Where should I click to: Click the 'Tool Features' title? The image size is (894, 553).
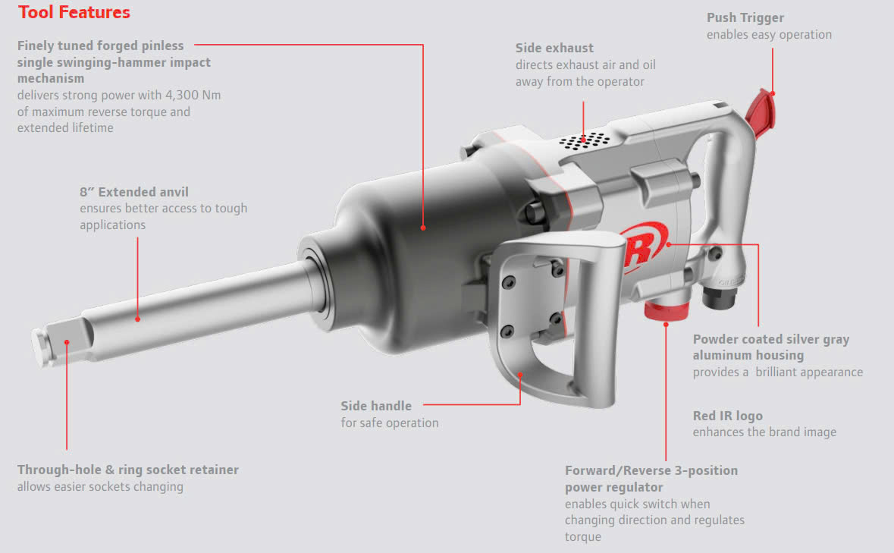[x=74, y=13]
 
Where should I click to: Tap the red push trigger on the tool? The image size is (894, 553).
[x=760, y=108]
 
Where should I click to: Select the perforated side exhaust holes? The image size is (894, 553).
[x=585, y=141]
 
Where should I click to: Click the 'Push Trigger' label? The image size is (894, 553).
[x=745, y=17]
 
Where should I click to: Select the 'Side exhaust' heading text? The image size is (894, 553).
[x=554, y=48]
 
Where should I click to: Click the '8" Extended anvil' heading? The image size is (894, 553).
[x=134, y=192]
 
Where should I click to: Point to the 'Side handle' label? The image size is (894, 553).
[x=376, y=407]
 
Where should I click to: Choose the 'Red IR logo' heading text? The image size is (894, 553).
[x=728, y=416]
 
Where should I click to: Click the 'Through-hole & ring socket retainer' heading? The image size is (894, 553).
[x=128, y=470]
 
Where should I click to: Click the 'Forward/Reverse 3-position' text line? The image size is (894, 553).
[x=651, y=470]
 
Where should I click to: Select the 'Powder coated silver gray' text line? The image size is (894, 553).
[x=771, y=339]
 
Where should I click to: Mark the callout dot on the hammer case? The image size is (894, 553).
[x=423, y=227]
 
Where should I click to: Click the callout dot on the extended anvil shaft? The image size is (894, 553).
[x=137, y=319]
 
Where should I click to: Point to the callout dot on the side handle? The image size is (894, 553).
[x=520, y=375]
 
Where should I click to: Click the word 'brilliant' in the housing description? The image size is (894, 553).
[x=787, y=372]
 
